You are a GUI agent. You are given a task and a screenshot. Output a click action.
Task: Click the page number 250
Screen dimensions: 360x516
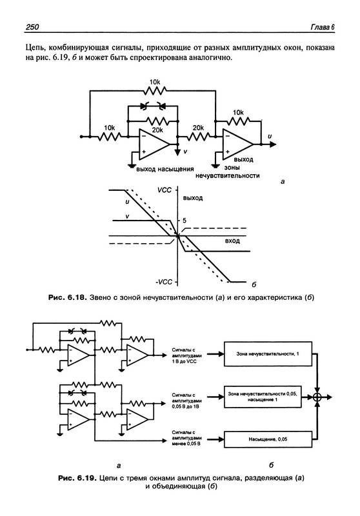(32, 27)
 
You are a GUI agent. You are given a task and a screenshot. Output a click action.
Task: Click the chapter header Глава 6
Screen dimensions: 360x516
(323, 27)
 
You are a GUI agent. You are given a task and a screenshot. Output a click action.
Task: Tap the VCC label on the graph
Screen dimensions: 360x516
(165, 190)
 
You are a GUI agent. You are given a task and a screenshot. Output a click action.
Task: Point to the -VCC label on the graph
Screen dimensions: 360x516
(163, 282)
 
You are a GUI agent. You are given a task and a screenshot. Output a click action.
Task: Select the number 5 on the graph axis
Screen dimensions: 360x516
(185, 221)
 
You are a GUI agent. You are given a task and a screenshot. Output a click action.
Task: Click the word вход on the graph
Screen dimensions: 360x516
(232, 241)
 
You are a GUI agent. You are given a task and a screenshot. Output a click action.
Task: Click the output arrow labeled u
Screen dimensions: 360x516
(268, 144)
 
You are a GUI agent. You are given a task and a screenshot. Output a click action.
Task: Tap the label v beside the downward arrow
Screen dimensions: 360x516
(185, 152)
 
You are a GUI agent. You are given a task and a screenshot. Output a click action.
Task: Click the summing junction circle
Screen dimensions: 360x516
(317, 397)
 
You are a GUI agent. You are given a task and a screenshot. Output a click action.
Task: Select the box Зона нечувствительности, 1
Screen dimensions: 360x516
(268, 353)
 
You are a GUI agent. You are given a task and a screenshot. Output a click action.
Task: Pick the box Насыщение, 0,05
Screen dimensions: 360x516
(268, 439)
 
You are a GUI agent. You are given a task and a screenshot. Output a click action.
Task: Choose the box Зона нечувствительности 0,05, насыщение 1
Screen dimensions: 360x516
(263, 397)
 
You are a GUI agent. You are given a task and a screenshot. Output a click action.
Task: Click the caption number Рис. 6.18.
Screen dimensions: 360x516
(68, 298)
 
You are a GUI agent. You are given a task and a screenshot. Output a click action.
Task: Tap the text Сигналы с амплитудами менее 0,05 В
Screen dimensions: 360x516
(186, 438)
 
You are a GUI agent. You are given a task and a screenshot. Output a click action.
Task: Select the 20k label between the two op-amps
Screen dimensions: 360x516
(198, 128)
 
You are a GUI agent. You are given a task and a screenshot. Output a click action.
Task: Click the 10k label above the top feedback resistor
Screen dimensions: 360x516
(155, 82)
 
